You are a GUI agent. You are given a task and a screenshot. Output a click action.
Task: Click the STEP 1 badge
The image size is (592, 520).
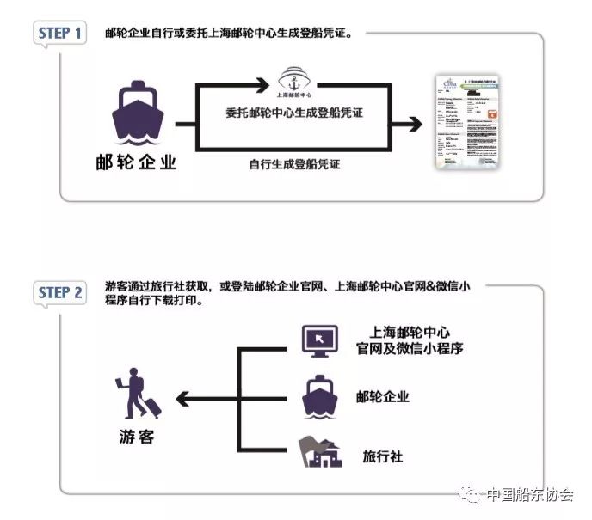[61, 34]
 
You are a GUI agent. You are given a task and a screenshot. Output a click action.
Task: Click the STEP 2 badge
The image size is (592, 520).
[61, 292]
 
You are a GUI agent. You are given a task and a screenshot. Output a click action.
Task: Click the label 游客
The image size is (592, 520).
[134, 436]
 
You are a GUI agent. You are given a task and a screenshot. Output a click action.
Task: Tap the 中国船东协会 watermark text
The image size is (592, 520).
[530, 495]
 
